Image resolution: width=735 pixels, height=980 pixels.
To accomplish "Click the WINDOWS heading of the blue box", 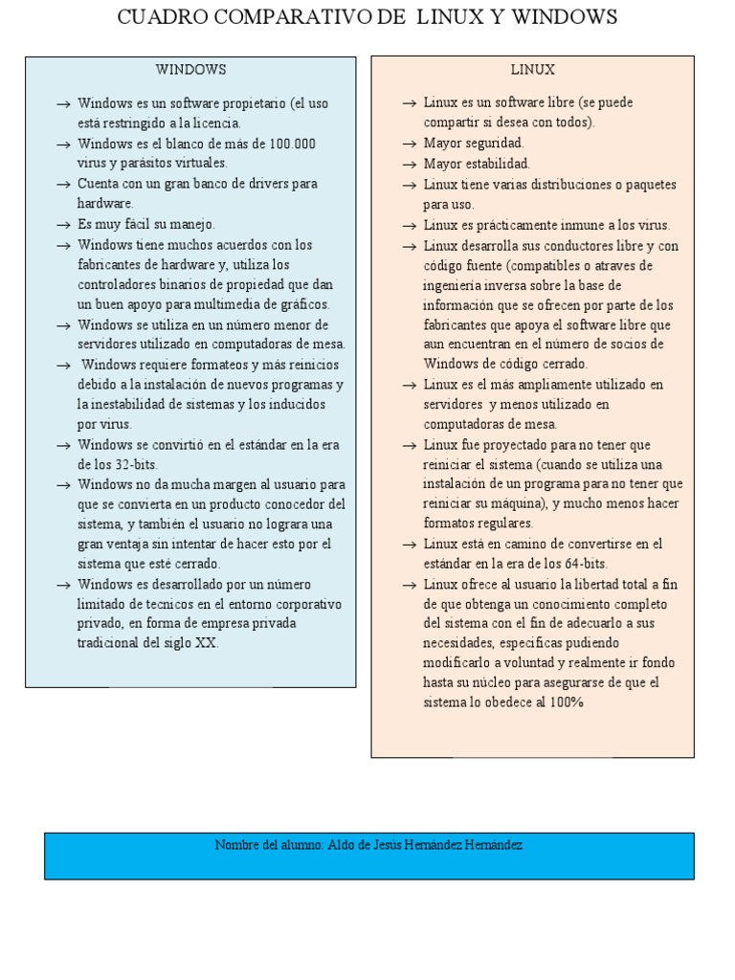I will coord(191,70).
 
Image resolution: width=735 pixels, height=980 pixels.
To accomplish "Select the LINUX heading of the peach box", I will coord(532,70).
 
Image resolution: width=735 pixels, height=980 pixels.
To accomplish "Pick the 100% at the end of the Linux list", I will coord(567,702).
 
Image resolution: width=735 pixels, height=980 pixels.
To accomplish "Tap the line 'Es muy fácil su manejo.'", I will coord(146,224).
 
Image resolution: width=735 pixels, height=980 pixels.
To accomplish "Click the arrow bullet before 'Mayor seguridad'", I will coord(409,143).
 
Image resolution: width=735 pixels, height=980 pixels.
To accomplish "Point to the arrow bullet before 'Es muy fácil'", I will coord(63,224).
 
